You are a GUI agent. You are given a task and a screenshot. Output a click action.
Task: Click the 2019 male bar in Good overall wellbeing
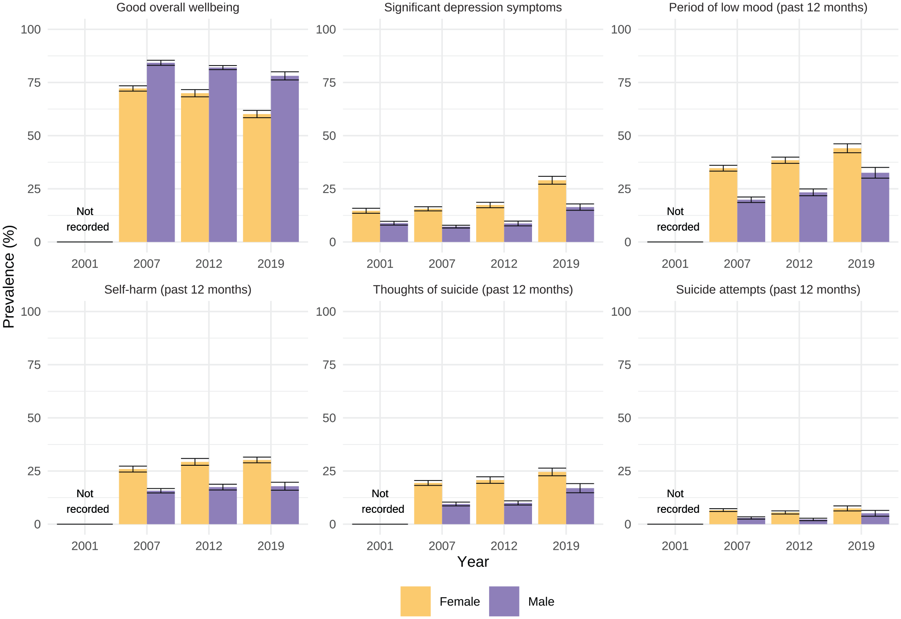pos(285,159)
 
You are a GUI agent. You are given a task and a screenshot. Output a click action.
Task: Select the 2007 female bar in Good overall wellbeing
pos(133,165)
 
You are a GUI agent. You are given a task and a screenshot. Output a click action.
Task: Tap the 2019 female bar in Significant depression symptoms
pos(552,211)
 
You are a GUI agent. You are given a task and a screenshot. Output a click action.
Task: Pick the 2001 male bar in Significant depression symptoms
pos(394,233)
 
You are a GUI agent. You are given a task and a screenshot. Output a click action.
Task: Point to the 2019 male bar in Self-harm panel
pos(285,505)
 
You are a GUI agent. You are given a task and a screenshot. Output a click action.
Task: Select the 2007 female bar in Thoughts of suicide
pos(428,504)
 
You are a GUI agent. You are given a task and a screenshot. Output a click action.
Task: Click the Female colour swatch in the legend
pos(416,601)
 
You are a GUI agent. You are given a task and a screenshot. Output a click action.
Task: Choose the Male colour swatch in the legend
pos(504,601)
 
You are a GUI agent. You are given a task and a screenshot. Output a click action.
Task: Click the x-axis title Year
pos(473,562)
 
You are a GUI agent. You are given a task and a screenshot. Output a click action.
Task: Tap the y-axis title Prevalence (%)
pos(9,276)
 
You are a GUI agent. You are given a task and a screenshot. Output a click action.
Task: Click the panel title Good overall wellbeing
pos(178,7)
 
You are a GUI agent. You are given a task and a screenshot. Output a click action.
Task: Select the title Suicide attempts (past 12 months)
pos(768,289)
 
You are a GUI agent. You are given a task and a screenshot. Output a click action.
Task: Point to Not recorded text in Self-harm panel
pos(87,501)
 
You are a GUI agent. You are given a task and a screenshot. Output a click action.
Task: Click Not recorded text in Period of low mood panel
pos(678,219)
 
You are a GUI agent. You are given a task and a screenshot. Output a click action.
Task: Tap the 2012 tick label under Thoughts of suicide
pos(504,546)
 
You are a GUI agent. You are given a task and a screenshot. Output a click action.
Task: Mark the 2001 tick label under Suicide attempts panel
pos(675,546)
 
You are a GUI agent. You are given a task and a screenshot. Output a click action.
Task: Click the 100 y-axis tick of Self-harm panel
pos(30,312)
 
